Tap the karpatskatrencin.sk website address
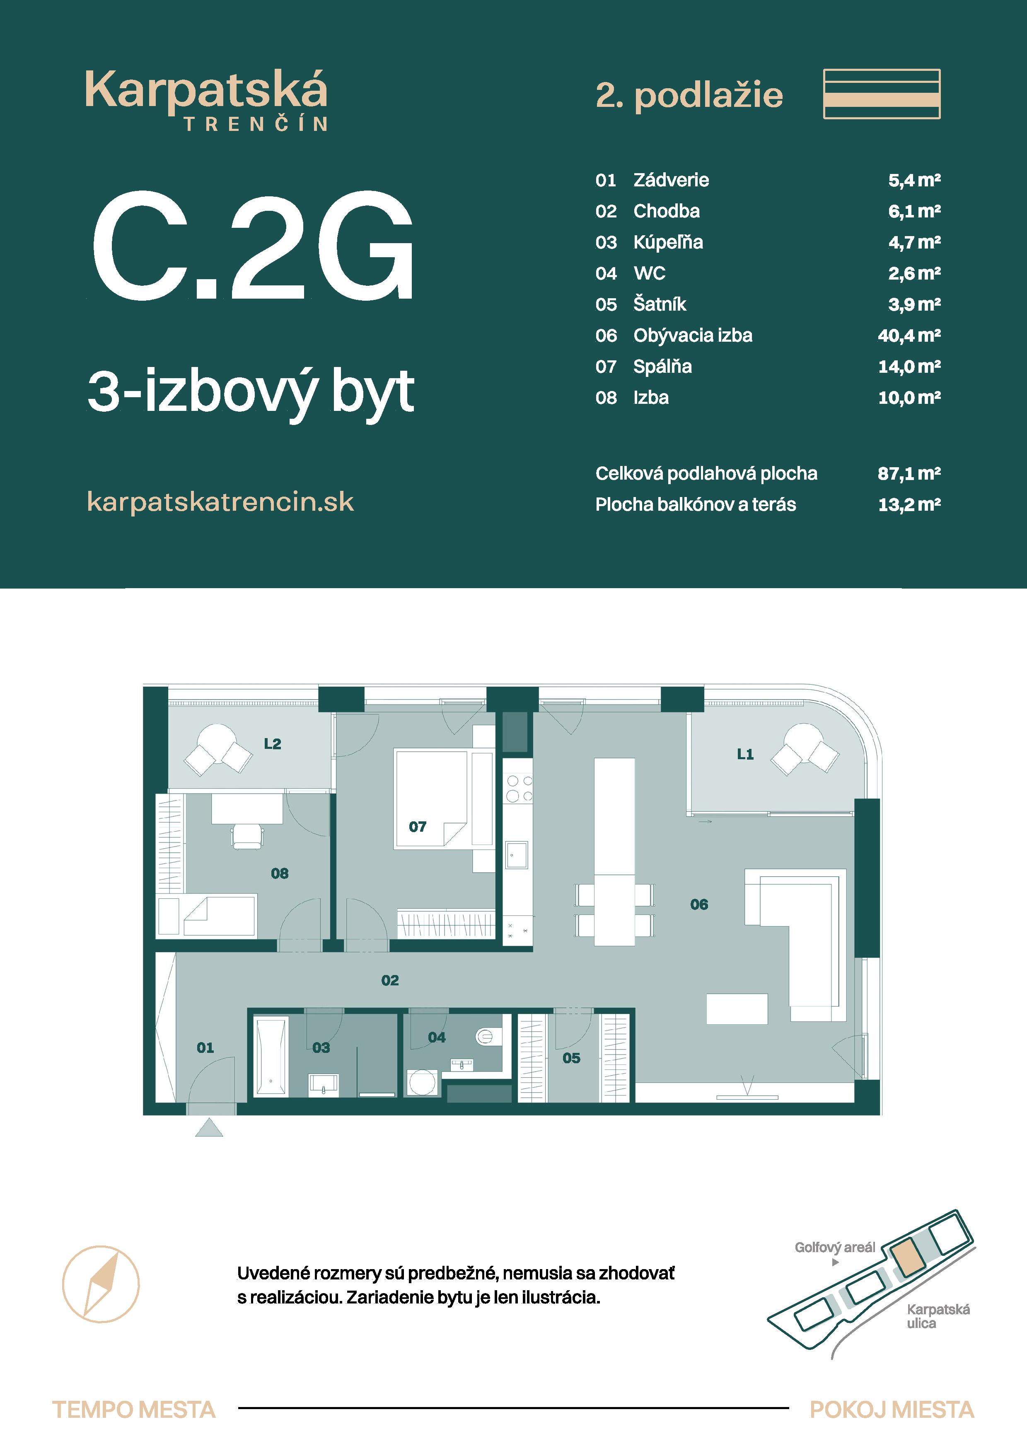coord(220,502)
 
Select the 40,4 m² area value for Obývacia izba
coord(909,335)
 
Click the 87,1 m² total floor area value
coord(909,473)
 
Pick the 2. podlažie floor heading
coord(689,96)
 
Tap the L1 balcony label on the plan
coord(745,754)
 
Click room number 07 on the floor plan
coord(417,826)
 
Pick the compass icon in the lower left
coord(101,1284)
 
